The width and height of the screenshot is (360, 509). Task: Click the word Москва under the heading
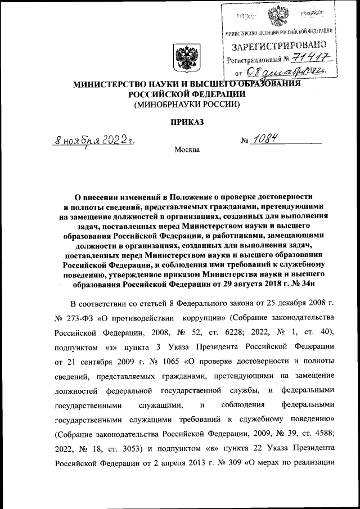(187, 150)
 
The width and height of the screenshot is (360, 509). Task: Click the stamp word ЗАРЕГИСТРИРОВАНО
(279, 44)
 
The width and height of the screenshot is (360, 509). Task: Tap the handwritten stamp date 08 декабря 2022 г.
(290, 72)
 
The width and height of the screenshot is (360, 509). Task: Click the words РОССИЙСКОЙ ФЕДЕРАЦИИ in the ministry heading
(185, 94)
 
